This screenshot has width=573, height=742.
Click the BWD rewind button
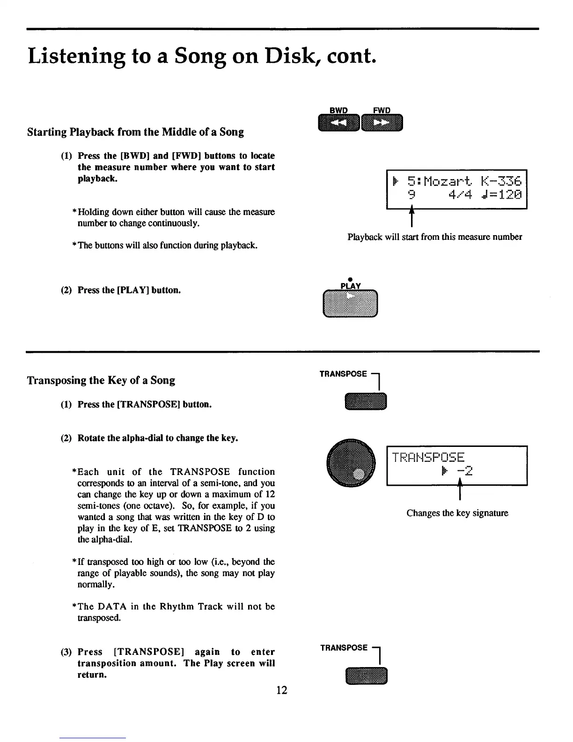pyautogui.click(x=338, y=123)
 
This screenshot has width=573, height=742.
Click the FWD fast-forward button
pyautogui.click(x=382, y=123)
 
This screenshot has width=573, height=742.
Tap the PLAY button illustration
pyautogui.click(x=350, y=304)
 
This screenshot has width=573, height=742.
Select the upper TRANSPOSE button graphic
pyautogui.click(x=366, y=402)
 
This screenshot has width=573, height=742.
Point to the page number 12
pyautogui.click(x=281, y=690)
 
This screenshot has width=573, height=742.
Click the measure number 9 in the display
pyautogui.click(x=411, y=195)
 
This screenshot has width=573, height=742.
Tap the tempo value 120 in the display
pyautogui.click(x=508, y=195)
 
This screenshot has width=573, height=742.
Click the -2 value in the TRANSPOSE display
pyautogui.click(x=465, y=471)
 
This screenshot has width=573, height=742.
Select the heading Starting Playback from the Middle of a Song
pyautogui.click(x=135, y=132)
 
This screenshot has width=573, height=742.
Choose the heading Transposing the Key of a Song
pyautogui.click(x=101, y=380)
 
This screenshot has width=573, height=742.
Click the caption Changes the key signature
pyautogui.click(x=457, y=513)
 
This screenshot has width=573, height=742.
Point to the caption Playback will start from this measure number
pyautogui.click(x=434, y=237)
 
